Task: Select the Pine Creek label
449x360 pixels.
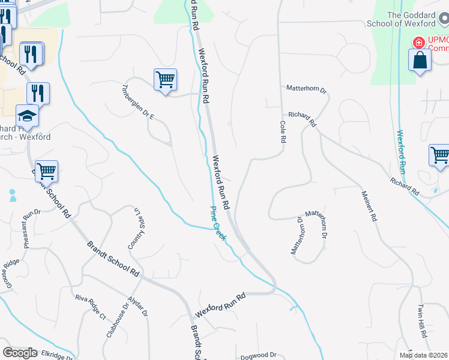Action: click(218, 224)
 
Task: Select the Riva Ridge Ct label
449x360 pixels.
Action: click(90, 307)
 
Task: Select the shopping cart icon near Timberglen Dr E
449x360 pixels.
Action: click(165, 79)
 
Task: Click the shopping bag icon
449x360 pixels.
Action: click(420, 60)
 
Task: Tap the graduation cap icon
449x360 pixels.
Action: click(26, 115)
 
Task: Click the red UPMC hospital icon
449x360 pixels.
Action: click(418, 43)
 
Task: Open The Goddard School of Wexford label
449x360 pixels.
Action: click(411, 19)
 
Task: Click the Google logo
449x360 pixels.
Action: click(20, 353)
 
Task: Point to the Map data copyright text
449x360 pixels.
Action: click(424, 355)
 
